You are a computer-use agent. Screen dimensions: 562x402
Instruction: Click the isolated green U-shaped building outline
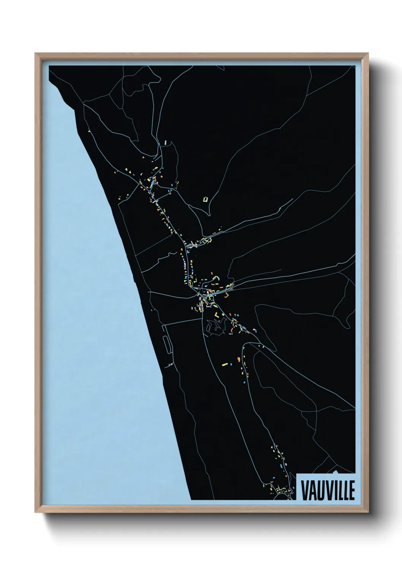[206, 199]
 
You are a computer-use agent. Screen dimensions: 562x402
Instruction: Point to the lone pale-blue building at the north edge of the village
[166, 143]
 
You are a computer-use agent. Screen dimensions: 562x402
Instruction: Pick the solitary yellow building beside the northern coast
[89, 132]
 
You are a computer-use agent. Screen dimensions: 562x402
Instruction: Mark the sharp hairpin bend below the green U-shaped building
[209, 215]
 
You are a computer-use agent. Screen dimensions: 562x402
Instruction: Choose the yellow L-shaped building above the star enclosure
[217, 314]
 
